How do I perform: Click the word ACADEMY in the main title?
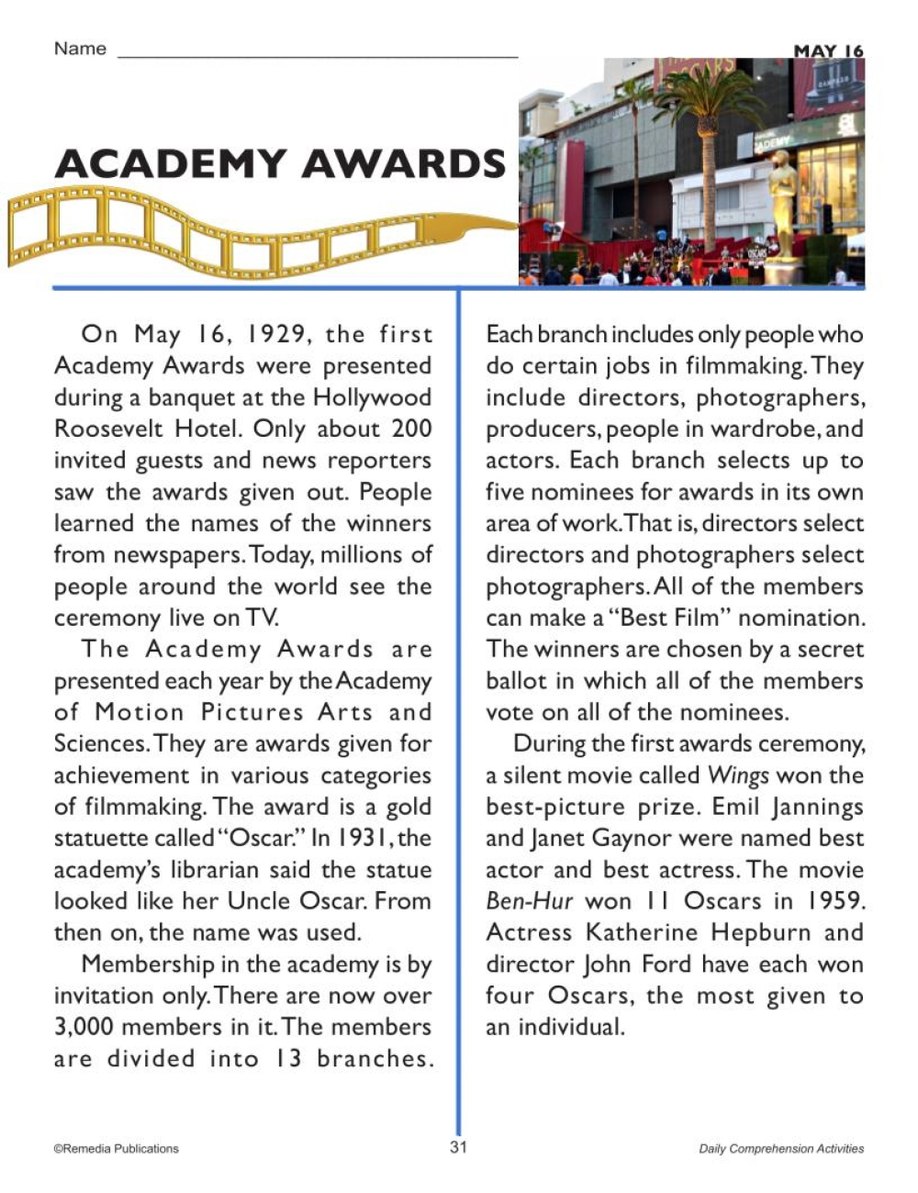171,163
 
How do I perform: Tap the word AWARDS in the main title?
404,163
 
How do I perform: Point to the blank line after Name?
318,51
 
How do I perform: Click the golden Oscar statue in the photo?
781,216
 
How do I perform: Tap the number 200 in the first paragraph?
410,429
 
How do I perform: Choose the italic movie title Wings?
738,775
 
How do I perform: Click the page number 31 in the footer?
459,1147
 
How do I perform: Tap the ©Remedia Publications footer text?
117,1148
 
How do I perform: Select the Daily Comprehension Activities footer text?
781,1148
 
